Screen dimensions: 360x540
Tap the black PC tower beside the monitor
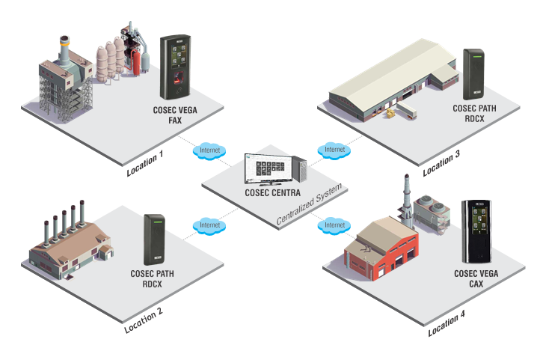tap(300, 168)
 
